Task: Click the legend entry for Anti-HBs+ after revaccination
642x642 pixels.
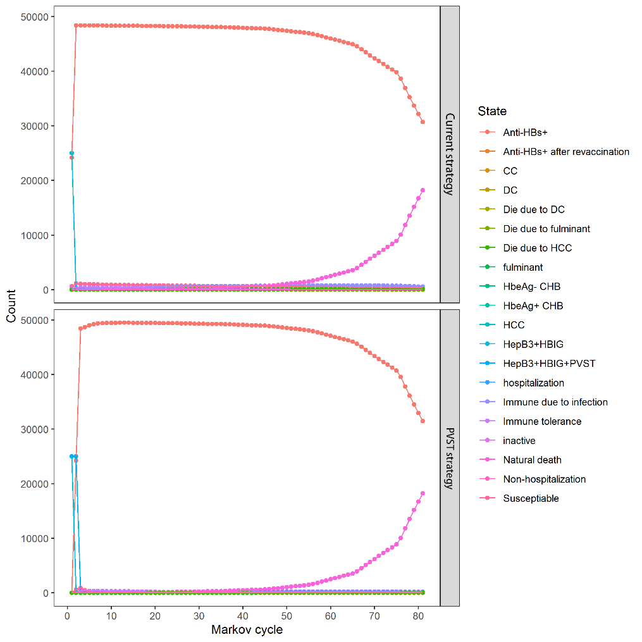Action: (x=566, y=152)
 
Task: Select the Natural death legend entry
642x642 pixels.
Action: (x=532, y=460)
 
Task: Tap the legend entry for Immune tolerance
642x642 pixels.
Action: (x=542, y=421)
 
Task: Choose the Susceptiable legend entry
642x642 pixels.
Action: (x=531, y=498)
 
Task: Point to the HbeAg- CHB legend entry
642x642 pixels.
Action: (x=531, y=287)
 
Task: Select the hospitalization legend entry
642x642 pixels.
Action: (x=533, y=383)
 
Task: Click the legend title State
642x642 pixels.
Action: (x=492, y=111)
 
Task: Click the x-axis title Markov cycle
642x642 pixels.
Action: (x=247, y=630)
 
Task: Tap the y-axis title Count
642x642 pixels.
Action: (x=11, y=307)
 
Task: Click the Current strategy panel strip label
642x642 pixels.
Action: (x=450, y=154)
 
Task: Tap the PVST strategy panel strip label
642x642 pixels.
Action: (x=450, y=459)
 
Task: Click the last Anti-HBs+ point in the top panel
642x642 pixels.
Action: (x=423, y=122)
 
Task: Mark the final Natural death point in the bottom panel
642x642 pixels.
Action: (x=423, y=493)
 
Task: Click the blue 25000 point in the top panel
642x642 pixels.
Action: (x=71, y=153)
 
